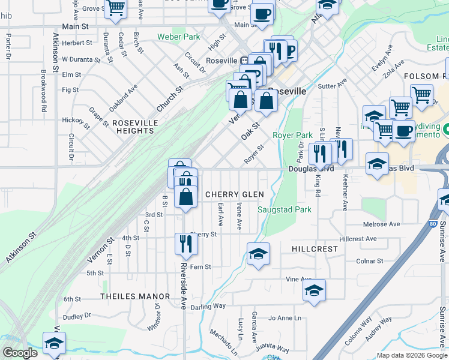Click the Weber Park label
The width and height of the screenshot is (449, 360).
pyautogui.click(x=178, y=37)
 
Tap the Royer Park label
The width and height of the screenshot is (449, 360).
pyautogui.click(x=292, y=136)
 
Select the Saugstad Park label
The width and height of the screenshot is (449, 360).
pyautogui.click(x=285, y=210)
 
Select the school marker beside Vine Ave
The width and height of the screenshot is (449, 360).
pyautogui.click(x=314, y=290)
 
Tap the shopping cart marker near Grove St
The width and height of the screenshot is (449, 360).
pyautogui.click(x=116, y=8)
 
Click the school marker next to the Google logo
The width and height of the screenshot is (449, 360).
pyautogui.click(x=54, y=343)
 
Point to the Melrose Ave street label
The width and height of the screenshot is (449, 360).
pyautogui.click(x=381, y=224)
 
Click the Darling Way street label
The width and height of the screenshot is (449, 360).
pyautogui.click(x=208, y=305)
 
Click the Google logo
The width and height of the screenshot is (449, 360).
pyautogui.click(x=20, y=353)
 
